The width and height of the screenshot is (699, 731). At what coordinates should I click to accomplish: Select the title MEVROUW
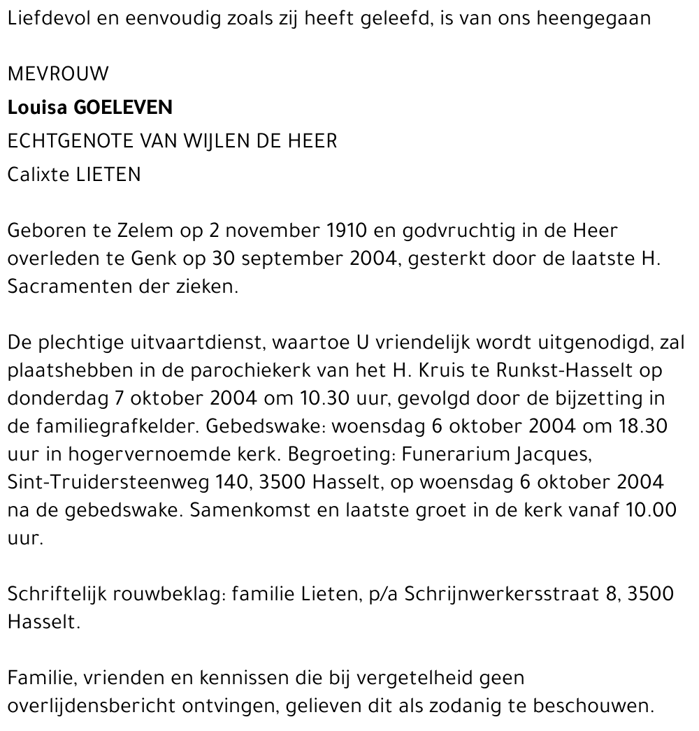pyautogui.click(x=58, y=73)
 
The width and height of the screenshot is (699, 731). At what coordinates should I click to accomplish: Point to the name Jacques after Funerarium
pyautogui.click(x=551, y=454)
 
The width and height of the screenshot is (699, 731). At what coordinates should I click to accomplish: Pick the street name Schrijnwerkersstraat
pyautogui.click(x=503, y=594)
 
